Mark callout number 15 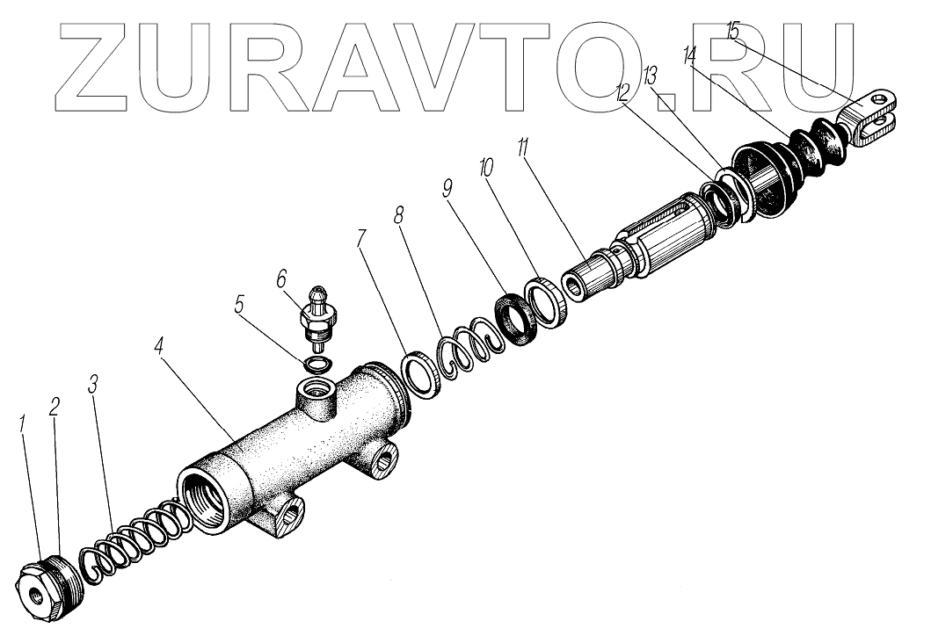click(x=732, y=30)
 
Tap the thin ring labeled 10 click(x=547, y=300)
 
